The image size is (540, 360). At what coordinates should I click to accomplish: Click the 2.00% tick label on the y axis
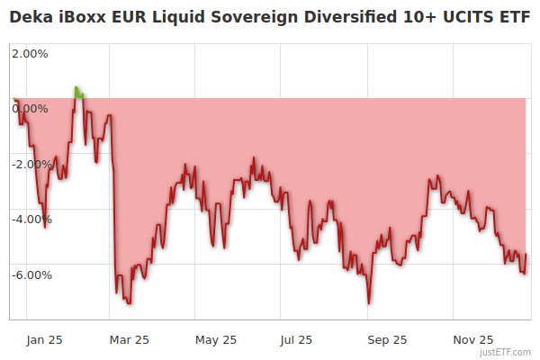coord(31,53)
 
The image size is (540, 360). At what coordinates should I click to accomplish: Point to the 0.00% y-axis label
coord(31,109)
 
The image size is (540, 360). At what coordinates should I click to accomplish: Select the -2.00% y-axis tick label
coord(29,164)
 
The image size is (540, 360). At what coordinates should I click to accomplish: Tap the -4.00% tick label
coord(29,220)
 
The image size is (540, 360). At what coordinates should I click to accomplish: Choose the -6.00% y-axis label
coord(29,275)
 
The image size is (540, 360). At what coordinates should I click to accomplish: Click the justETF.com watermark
coord(507,352)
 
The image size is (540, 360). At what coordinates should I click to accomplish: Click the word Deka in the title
coord(31,17)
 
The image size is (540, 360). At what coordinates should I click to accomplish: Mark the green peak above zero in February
coord(77,89)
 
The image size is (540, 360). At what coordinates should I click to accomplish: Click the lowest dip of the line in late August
coord(369,302)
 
